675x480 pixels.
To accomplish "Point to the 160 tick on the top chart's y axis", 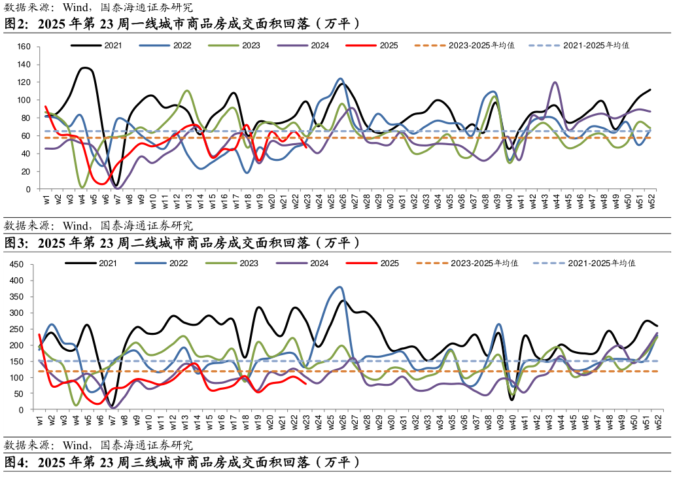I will click(24, 47).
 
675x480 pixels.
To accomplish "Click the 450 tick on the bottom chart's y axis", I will click(17, 265).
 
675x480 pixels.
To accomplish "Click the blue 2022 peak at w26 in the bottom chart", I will click(339, 286).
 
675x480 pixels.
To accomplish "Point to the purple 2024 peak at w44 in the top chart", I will click(555, 82).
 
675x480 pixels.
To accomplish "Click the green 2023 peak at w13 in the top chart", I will click(188, 90).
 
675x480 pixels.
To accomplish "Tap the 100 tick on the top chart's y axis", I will click(24, 100).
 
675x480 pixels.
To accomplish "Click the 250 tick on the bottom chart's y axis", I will click(17, 329).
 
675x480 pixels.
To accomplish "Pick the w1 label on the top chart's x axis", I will click(46, 200).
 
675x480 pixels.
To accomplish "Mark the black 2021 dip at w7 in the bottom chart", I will click(112, 406).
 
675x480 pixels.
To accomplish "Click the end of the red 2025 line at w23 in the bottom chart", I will click(306, 383).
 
